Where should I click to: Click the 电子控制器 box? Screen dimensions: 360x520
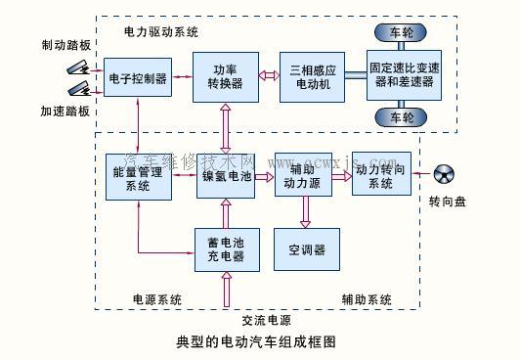pos(139,76)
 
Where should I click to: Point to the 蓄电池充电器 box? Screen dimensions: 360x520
pos(227,250)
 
